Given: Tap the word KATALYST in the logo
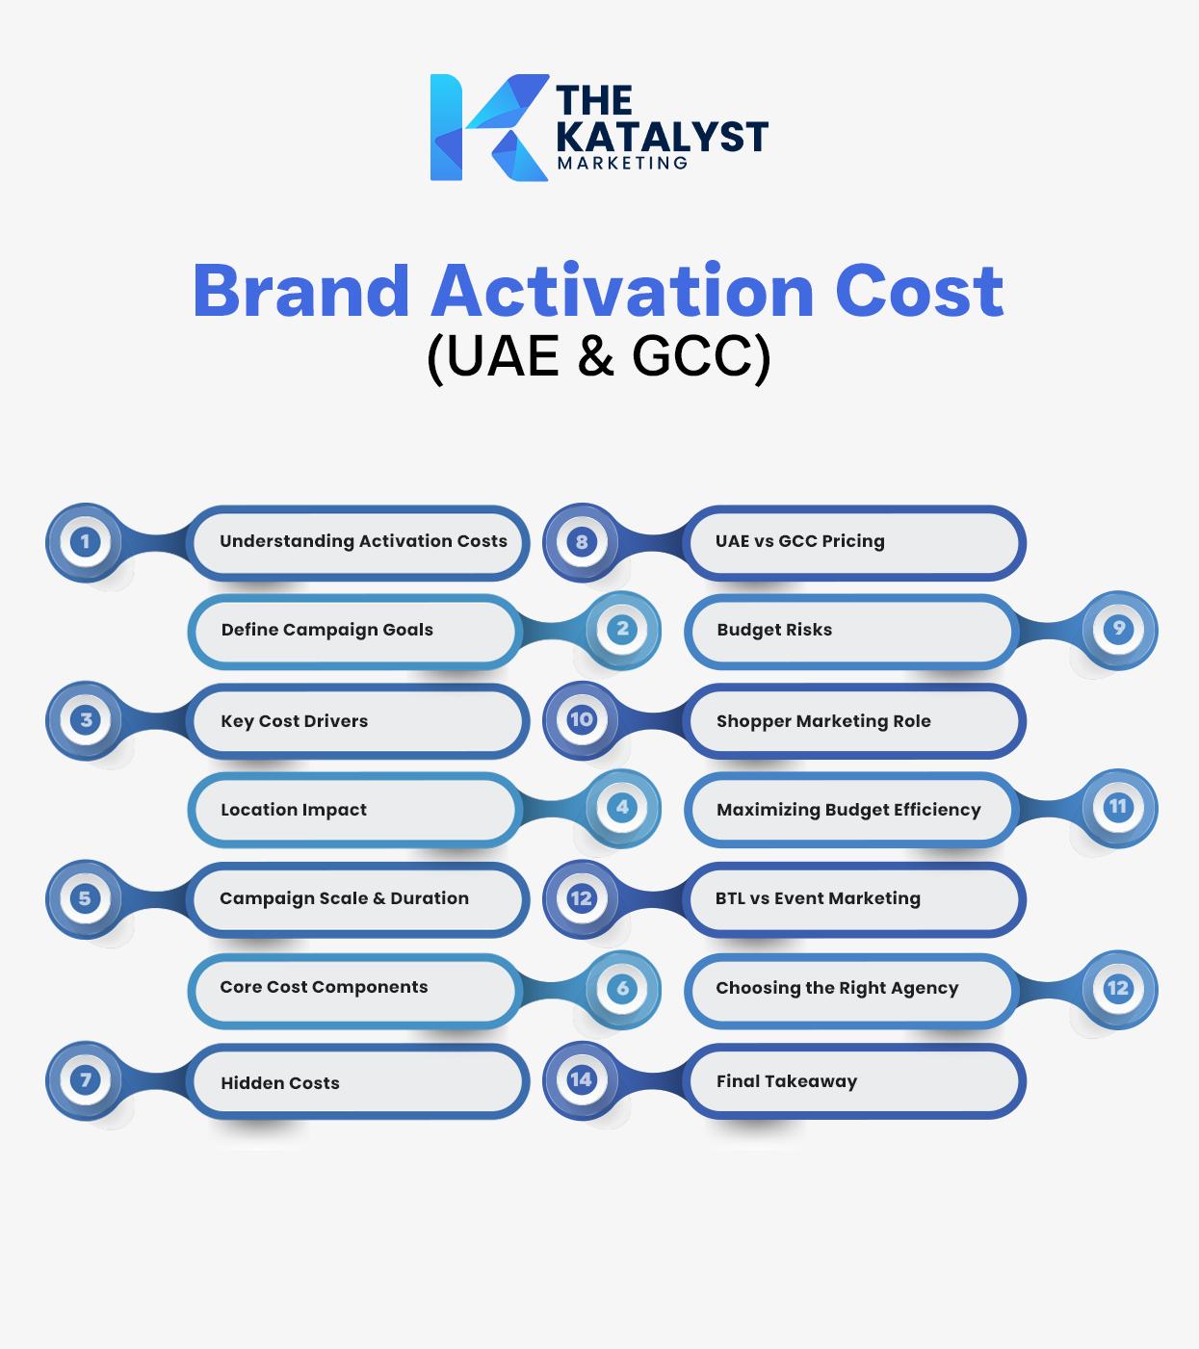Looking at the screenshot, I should tap(662, 137).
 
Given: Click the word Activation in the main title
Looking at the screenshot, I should tap(623, 291).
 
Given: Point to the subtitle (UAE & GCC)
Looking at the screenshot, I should tap(599, 356).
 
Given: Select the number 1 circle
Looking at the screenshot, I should tap(86, 542).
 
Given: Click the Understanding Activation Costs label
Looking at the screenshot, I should tap(363, 541).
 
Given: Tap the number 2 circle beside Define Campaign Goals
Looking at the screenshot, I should tap(622, 630).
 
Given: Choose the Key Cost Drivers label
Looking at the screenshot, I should tap(295, 721).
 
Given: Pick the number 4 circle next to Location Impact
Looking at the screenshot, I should tap(622, 808).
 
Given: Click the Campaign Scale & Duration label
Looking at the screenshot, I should tap(344, 898).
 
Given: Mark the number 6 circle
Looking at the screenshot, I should tap(622, 988).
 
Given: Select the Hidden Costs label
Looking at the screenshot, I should tap(280, 1083).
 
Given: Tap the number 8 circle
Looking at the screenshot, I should tap(582, 542).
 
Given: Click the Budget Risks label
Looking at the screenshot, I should tap(774, 630).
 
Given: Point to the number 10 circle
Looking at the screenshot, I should tap(582, 720).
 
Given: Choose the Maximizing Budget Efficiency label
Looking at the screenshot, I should tap(848, 810).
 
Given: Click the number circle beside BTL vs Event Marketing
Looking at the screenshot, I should tap(582, 898).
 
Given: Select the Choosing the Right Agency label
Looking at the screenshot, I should tap(837, 988).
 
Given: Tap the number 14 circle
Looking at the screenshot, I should tap(582, 1079).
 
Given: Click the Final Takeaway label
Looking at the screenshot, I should tap(787, 1081).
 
